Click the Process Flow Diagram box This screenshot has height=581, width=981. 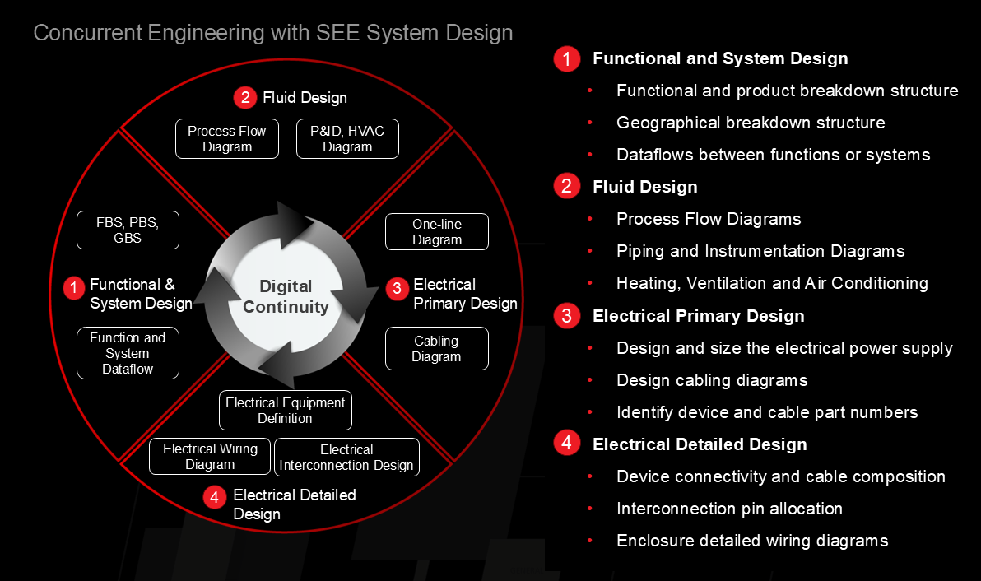click(x=227, y=139)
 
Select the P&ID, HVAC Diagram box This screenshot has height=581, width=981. click(x=347, y=139)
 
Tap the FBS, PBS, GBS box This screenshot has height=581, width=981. click(x=128, y=230)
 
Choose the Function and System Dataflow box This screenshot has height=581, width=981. click(x=128, y=353)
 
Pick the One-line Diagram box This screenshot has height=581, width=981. click(x=437, y=232)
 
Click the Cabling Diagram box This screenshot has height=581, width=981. click(x=437, y=349)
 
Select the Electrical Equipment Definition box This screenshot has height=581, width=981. click(x=286, y=411)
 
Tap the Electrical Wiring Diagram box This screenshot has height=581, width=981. click(x=210, y=457)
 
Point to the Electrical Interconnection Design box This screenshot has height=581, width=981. click(x=346, y=458)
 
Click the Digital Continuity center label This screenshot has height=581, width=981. click(x=286, y=296)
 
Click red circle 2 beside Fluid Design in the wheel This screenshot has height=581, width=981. click(x=245, y=98)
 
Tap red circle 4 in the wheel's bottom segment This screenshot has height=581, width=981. click(x=215, y=497)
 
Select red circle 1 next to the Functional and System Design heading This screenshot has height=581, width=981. click(x=567, y=58)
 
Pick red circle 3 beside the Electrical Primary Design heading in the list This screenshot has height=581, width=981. click(x=567, y=316)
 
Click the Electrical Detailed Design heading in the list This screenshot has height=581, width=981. click(x=700, y=444)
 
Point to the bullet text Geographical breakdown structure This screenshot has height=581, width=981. click(x=751, y=123)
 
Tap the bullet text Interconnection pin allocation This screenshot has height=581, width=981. click(x=729, y=509)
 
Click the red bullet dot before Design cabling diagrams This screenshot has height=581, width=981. click(x=590, y=379)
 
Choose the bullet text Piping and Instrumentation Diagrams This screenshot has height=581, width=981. click(x=760, y=252)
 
